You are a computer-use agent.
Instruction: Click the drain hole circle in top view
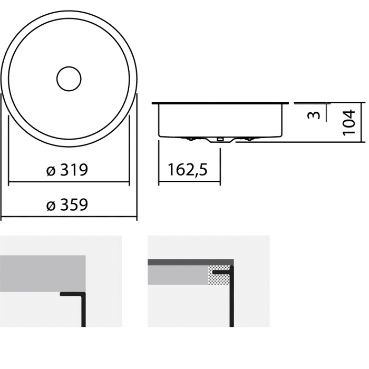coord(69,79)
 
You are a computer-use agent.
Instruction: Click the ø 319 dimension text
coord(66,170)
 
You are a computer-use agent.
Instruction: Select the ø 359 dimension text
coord(66,205)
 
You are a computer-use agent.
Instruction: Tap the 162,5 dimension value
coord(188,170)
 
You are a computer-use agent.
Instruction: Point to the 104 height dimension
coord(349,122)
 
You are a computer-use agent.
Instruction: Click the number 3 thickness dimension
coord(314,114)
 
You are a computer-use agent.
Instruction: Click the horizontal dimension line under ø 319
coord(69,182)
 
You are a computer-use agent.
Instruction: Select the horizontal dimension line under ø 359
coord(69,217)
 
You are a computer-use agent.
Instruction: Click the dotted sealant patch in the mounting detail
coord(219,276)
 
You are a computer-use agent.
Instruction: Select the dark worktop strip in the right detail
coord(190,262)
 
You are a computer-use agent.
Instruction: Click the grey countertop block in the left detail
coord(42,273)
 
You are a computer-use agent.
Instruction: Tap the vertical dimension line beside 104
coord(364,122)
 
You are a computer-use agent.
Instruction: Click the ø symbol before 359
coord(51,206)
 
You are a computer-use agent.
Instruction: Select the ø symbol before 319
coord(51,171)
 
